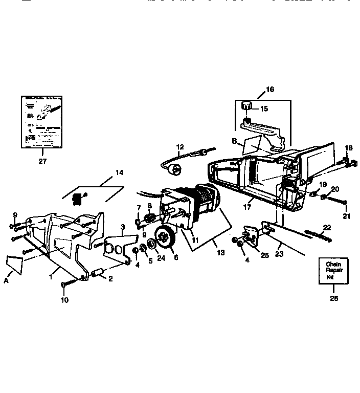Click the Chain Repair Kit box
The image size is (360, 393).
click(x=330, y=271)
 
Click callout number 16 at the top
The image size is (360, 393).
click(x=269, y=89)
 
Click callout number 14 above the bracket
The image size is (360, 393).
click(x=119, y=172)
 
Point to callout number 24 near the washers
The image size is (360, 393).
click(x=162, y=258)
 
